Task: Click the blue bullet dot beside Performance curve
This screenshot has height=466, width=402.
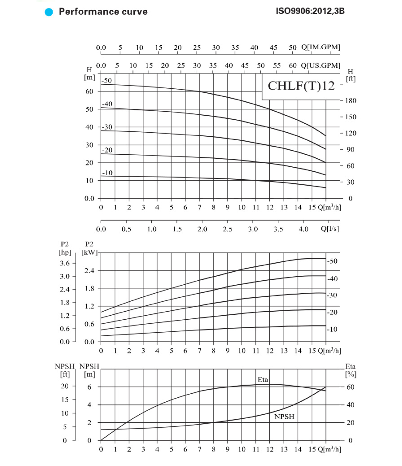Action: click(x=49, y=12)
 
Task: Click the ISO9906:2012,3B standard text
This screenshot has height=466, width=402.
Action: click(x=310, y=11)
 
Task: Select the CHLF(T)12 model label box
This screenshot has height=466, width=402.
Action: click(x=301, y=86)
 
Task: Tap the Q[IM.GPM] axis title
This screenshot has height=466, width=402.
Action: click(x=320, y=47)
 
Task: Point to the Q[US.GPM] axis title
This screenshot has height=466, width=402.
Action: click(x=320, y=65)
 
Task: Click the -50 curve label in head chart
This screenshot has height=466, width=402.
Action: click(x=107, y=80)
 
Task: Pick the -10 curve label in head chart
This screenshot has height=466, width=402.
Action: click(x=107, y=173)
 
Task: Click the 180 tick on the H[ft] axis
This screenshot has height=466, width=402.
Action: click(x=350, y=101)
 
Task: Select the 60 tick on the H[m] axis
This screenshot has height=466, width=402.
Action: click(x=89, y=92)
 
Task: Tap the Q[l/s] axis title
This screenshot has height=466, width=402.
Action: click(x=330, y=229)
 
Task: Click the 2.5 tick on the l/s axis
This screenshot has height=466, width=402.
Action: click(x=227, y=229)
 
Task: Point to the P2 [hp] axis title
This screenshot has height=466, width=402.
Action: click(x=65, y=248)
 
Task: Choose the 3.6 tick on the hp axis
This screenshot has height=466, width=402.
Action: click(x=65, y=263)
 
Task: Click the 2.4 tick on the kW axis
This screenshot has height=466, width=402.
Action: click(x=89, y=271)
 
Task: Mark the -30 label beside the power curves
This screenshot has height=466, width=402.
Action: click(x=332, y=295)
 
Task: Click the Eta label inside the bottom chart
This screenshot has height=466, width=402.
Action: click(x=263, y=380)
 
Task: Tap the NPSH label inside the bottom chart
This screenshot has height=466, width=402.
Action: click(x=284, y=417)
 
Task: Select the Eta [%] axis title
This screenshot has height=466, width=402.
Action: click(x=350, y=370)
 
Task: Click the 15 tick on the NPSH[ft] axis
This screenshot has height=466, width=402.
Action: click(x=65, y=399)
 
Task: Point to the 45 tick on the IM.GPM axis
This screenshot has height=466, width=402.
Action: click(x=273, y=48)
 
